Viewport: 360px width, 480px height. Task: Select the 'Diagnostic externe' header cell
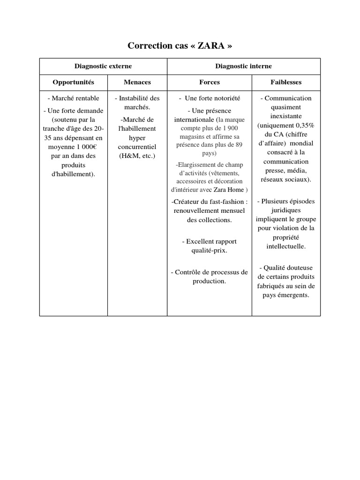point(103,66)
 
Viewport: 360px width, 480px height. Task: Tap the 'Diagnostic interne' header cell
point(243,66)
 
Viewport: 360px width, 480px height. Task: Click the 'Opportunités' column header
point(74,82)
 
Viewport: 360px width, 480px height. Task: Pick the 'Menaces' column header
point(137,82)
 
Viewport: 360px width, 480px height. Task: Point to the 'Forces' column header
point(210,82)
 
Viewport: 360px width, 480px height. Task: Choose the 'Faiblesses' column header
point(286,82)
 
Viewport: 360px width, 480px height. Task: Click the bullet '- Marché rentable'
point(74,98)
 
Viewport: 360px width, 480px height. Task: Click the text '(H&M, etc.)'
point(137,156)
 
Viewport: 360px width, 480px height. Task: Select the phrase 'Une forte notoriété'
point(212,98)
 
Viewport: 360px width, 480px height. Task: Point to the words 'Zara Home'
point(229,190)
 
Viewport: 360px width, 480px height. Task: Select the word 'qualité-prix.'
point(210,250)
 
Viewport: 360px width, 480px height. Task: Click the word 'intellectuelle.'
point(286,246)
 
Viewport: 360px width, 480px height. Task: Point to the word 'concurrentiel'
point(137,147)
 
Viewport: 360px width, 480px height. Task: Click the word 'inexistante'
point(286,116)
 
